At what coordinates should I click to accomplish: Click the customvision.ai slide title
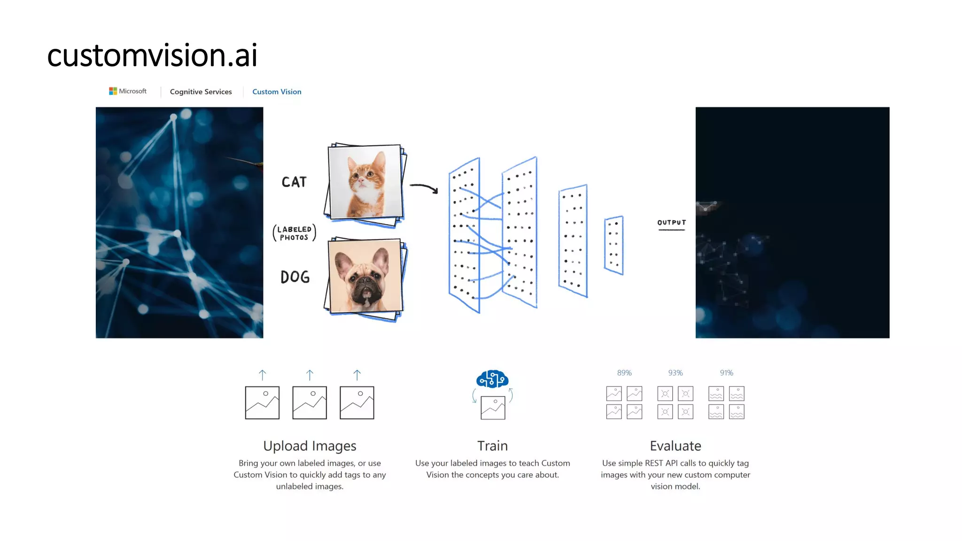click(x=152, y=55)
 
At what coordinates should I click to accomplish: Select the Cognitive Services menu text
click(x=201, y=92)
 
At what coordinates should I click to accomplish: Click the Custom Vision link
click(x=277, y=92)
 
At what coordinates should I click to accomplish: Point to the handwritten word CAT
click(x=294, y=182)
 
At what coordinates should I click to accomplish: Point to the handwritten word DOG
click(x=295, y=277)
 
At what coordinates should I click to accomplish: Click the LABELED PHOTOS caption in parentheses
click(x=295, y=233)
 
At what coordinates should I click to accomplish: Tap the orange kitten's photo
click(x=365, y=182)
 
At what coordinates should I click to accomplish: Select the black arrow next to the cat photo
click(x=424, y=188)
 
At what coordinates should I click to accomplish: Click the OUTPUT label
click(x=671, y=223)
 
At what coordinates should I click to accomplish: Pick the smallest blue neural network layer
click(x=614, y=245)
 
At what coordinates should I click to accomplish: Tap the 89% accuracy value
click(x=624, y=373)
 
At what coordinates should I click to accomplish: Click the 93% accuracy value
click(x=675, y=373)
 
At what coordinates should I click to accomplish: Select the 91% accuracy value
click(x=726, y=373)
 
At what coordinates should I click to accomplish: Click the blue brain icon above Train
click(x=492, y=379)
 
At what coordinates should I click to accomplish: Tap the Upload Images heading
click(x=310, y=446)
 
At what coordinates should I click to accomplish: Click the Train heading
click(x=492, y=446)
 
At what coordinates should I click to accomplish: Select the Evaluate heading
click(x=675, y=446)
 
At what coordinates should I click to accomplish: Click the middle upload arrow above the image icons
click(x=310, y=375)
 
